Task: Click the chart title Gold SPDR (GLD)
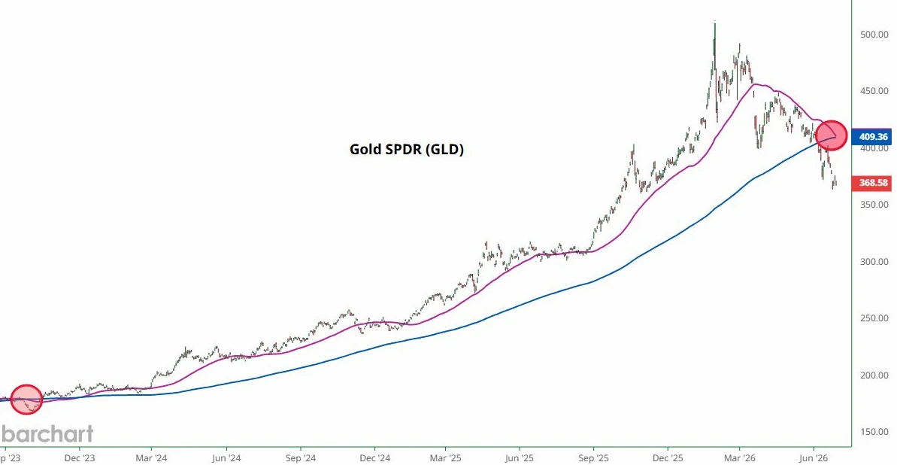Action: pyautogui.click(x=406, y=150)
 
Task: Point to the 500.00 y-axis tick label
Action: pyautogui.click(x=874, y=35)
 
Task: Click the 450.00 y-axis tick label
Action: pyautogui.click(x=874, y=91)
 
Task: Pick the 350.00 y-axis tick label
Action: pyautogui.click(x=874, y=205)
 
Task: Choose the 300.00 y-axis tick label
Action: pyautogui.click(x=874, y=262)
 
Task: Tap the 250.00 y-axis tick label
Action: pyautogui.click(x=874, y=318)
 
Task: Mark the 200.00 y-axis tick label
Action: pyautogui.click(x=874, y=375)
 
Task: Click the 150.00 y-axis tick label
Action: pyautogui.click(x=874, y=432)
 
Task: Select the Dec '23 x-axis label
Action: pyautogui.click(x=78, y=457)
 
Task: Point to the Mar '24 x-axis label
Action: pyautogui.click(x=152, y=457)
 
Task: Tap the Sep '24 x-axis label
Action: pyautogui.click(x=300, y=457)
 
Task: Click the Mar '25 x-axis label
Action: pyautogui.click(x=446, y=457)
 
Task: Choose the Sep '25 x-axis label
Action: pyautogui.click(x=594, y=457)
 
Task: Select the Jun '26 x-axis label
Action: pyautogui.click(x=814, y=457)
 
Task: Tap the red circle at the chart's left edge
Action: pyautogui.click(x=26, y=399)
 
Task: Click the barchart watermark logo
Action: pyautogui.click(x=47, y=434)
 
